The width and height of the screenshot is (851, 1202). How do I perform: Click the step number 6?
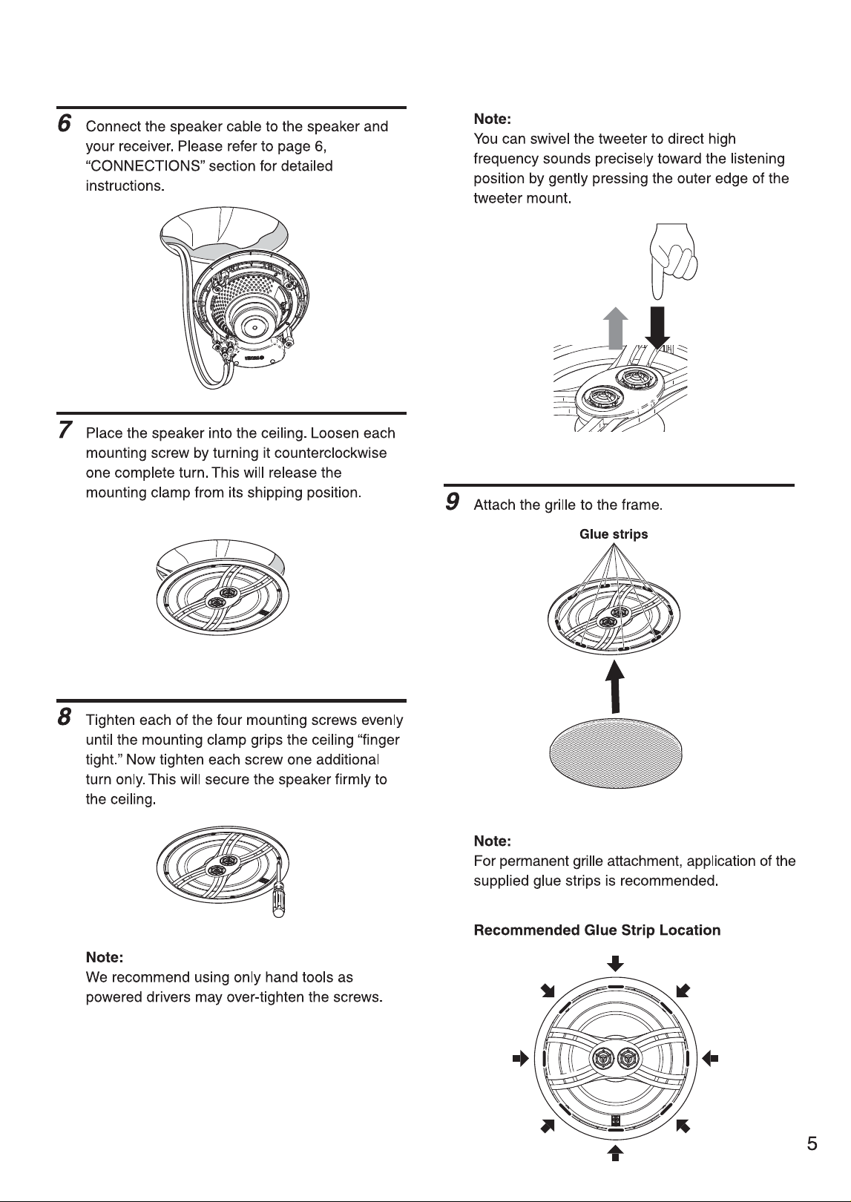coord(64,123)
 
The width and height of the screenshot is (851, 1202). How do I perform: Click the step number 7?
coord(65,430)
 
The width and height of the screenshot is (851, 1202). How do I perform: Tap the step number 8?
coord(65,717)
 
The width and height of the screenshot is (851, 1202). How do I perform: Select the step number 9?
coord(453,502)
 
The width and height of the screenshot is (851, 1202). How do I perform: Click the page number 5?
coord(812,1143)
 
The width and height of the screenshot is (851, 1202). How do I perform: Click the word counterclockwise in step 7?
coord(323,453)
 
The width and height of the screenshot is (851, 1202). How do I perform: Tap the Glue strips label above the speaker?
coord(614,534)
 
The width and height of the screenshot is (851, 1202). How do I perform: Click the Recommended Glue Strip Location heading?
coord(597,930)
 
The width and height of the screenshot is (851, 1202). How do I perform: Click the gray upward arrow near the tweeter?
coord(616,328)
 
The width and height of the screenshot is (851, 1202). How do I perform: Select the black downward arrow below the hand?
coord(657,328)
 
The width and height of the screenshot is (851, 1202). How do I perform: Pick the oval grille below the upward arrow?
coord(616,753)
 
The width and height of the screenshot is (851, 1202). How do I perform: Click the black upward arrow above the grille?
coord(615,687)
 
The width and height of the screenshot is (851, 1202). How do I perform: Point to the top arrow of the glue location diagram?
coord(616,963)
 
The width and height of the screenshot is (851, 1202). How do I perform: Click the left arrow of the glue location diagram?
coord(521,1059)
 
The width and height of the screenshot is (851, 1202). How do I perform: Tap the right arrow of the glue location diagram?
coord(710,1059)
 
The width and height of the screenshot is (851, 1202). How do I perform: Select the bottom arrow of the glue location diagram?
coord(616,1153)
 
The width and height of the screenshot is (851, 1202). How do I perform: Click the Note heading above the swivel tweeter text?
coord(492,119)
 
